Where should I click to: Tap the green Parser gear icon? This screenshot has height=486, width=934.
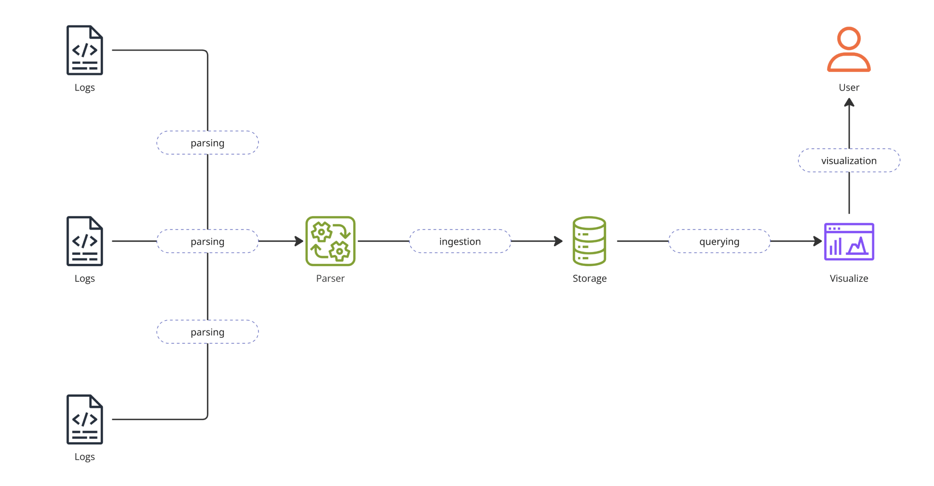coord(330,241)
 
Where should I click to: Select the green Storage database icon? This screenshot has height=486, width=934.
coord(589,241)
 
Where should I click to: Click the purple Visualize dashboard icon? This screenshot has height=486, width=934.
coord(849,241)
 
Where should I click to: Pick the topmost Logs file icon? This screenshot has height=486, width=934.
coord(85,50)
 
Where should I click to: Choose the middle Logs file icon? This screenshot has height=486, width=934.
coord(85,241)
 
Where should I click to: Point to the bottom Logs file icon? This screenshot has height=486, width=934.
coord(85,419)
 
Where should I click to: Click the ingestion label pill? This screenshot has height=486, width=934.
coord(460,241)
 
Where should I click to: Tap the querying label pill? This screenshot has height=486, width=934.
coord(719,241)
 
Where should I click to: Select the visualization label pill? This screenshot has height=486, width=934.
coord(849,160)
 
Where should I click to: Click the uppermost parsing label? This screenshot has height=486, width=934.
coord(207,143)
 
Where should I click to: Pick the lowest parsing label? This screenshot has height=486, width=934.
coord(207,332)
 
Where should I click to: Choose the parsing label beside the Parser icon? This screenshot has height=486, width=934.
coord(207,241)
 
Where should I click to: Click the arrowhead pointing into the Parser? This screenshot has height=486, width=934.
coord(300,241)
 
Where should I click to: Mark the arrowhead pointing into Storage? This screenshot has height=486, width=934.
coord(559,241)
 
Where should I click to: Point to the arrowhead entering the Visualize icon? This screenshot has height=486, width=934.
coord(818,241)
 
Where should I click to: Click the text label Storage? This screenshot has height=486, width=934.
coord(589,278)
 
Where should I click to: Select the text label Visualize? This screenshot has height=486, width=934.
coord(849,278)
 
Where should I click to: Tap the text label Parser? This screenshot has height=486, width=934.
coord(330,278)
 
